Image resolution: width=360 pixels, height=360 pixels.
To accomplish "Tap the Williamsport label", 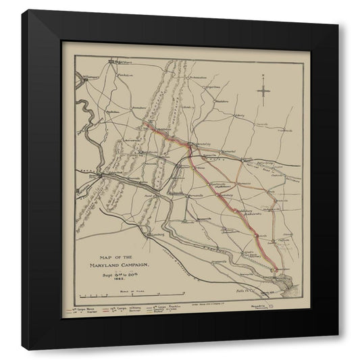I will pyautogui.click(x=92, y=77).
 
